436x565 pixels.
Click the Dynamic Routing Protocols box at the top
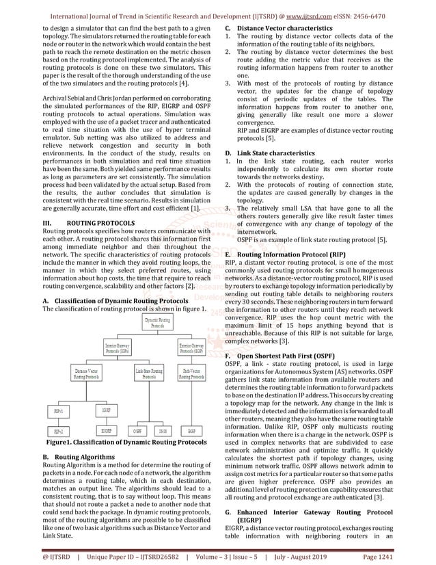pos(157,323)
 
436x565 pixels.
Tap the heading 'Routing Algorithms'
pos(74,456)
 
